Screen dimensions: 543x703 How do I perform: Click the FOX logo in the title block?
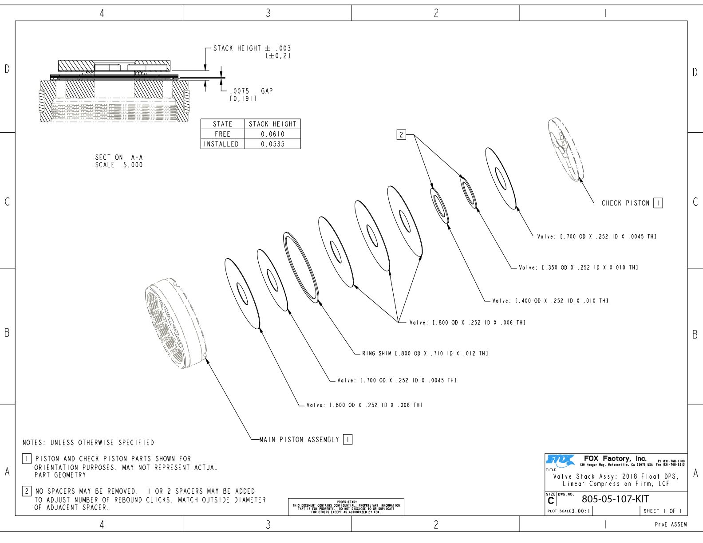pos(560,461)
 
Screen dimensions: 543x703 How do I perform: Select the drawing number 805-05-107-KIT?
pos(615,499)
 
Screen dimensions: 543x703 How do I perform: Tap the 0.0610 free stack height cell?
pos(273,134)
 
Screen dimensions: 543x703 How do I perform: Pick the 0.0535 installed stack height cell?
pos(273,144)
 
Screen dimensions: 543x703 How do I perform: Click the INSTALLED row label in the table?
pos(221,144)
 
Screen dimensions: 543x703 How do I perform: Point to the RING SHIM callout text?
pos(425,354)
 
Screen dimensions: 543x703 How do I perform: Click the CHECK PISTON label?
pos(625,203)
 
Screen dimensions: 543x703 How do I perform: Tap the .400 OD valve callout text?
pos(550,301)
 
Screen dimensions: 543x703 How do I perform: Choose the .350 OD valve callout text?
pos(578,268)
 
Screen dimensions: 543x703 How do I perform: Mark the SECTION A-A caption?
pos(119,161)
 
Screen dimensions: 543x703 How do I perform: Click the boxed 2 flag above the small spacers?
pos(401,135)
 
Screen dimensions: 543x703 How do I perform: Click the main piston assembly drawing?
pos(175,324)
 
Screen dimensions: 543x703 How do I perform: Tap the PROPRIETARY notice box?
pos(346,507)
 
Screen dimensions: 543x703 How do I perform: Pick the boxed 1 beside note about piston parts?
pos(27,459)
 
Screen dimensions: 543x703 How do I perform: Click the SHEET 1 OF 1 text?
pos(663,511)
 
